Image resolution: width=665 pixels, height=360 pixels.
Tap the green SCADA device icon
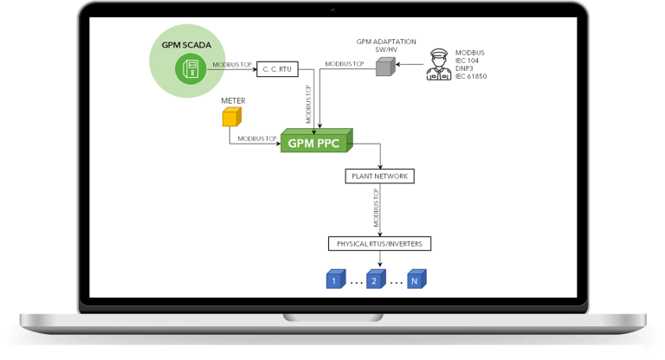tap(187, 69)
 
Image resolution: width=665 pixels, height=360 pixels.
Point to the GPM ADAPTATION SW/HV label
tap(387, 46)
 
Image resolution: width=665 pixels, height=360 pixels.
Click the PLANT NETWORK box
tap(379, 176)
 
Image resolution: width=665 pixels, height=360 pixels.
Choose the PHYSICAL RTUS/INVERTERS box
tap(379, 243)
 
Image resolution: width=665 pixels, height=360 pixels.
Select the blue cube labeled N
tap(417, 280)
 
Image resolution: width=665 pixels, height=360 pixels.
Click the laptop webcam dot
tap(332, 9)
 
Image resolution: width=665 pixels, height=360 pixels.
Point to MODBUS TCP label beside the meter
tap(257, 138)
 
